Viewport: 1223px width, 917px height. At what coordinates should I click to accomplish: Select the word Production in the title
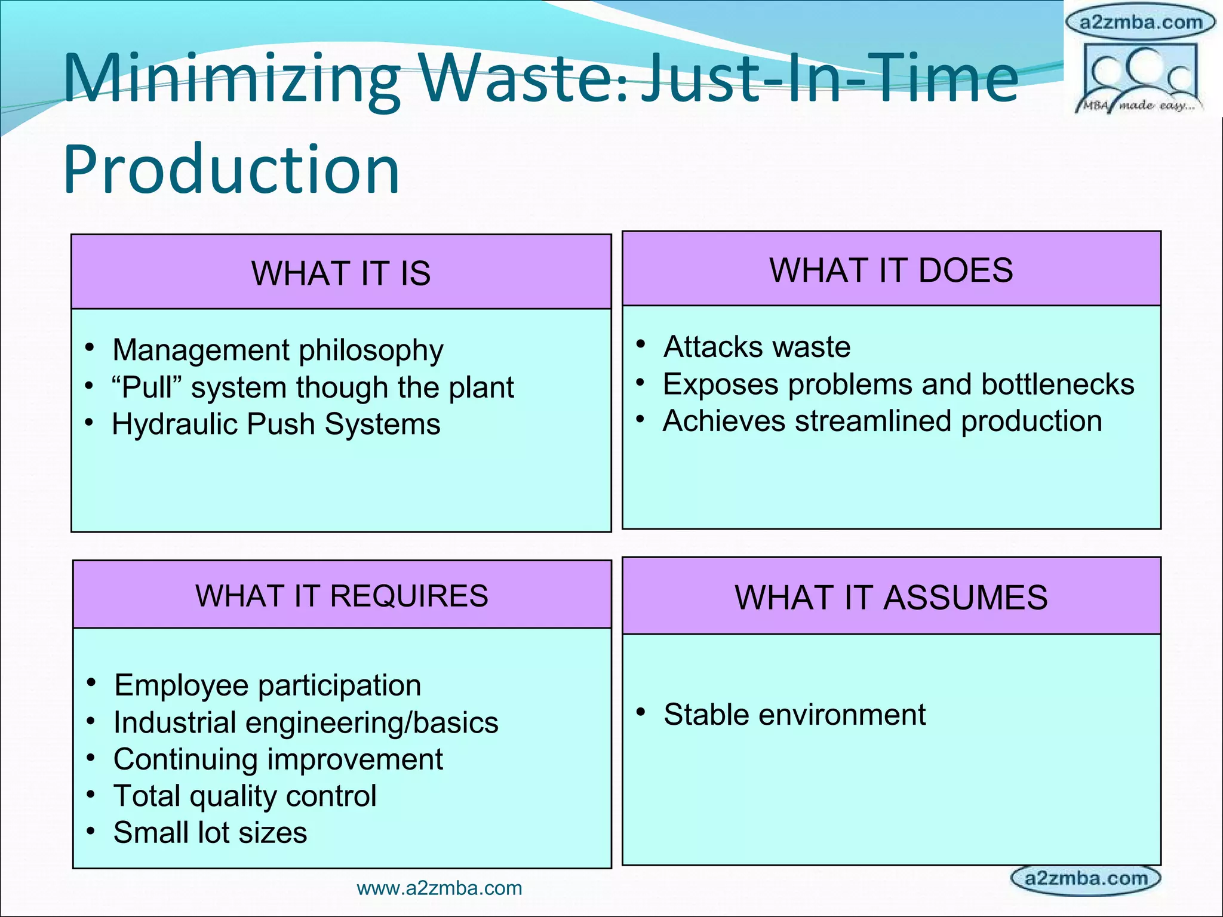coord(232,170)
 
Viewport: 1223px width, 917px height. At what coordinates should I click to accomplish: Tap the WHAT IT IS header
coord(341,273)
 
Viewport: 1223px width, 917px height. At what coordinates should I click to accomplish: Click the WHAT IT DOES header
coord(891,270)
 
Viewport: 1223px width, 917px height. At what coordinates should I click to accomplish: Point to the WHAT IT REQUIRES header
coord(342,596)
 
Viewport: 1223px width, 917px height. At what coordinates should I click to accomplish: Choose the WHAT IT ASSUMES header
coord(891,598)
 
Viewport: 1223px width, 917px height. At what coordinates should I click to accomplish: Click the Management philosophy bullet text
coord(278,350)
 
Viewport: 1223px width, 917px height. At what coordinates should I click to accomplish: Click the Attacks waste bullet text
coord(757,347)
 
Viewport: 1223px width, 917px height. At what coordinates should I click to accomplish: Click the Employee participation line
coord(268,685)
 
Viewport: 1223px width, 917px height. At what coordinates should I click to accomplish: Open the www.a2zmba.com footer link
coord(439,888)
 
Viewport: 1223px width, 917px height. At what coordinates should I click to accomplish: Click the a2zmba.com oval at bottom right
coord(1085,879)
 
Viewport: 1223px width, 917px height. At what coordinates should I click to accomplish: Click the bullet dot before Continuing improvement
coord(91,758)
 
